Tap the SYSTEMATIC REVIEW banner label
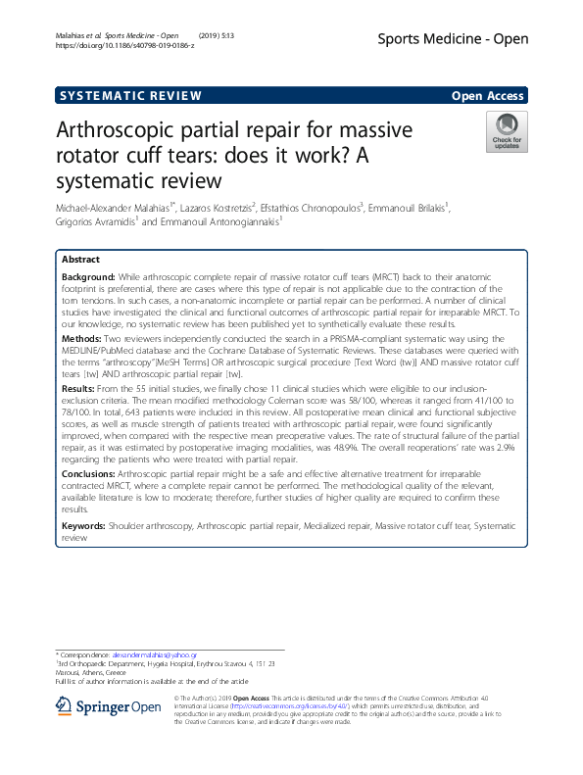[x=129, y=96]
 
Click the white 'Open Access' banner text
[x=489, y=96]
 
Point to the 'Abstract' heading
[x=81, y=260]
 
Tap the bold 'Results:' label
[x=80, y=389]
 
